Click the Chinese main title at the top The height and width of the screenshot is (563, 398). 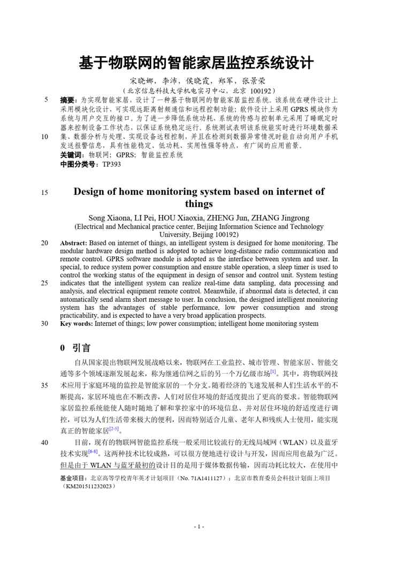[x=196, y=62]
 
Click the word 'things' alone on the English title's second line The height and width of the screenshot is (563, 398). [x=198, y=204]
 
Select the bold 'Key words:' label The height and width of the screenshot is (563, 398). [x=77, y=323]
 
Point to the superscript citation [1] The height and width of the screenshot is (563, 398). [x=273, y=371]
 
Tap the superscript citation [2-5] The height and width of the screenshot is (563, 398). [x=113, y=428]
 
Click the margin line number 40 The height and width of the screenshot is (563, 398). [x=44, y=443]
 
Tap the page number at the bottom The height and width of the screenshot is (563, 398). [x=198, y=527]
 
